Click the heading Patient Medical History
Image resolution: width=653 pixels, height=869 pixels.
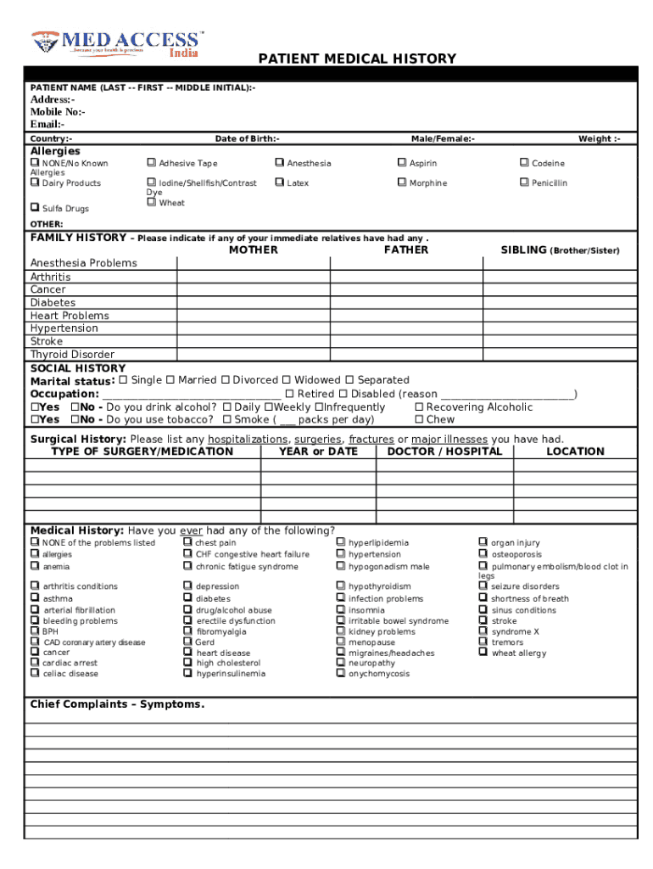coord(357,59)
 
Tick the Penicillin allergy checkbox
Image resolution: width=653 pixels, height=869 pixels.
coord(524,182)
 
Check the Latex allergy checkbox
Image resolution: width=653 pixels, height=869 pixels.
coord(279,182)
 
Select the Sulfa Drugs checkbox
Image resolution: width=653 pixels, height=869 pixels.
coord(35,208)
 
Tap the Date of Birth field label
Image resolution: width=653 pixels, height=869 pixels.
coord(247,138)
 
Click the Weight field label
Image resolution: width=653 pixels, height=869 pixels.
coord(599,138)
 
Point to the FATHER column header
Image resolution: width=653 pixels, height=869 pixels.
coord(406,250)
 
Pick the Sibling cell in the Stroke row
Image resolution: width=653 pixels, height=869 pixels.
coord(559,341)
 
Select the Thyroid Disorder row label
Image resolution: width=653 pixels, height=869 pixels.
coord(72,355)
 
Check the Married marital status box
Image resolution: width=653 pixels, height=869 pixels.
coord(170,380)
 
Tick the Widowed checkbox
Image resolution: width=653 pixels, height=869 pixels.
coord(287,380)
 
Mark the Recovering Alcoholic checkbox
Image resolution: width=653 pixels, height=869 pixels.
coord(419,407)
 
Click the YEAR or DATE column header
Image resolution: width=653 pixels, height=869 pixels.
coord(318,451)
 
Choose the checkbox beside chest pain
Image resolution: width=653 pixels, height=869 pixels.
coord(187,542)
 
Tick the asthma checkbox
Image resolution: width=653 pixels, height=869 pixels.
coord(35,598)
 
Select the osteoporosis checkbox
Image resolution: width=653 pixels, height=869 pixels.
coord(483,554)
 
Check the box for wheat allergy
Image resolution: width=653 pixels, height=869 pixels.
coord(483,653)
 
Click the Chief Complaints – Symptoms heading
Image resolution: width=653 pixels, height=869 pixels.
coord(117,704)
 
